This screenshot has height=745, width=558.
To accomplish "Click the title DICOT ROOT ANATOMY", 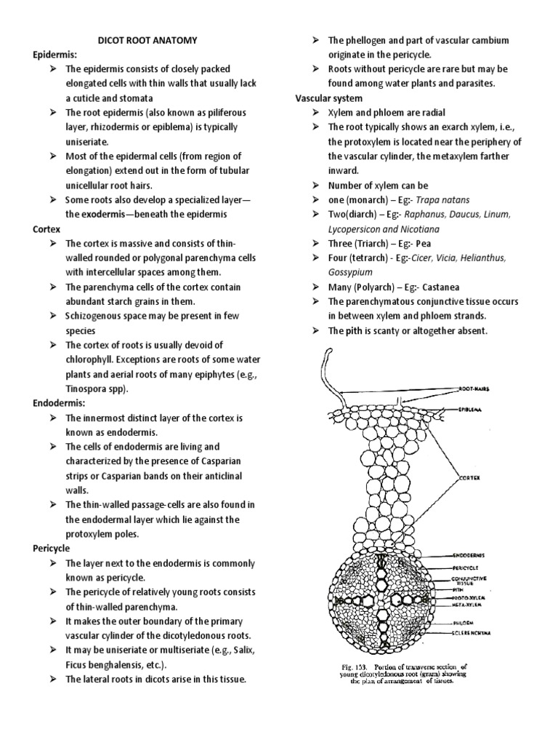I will click(x=147, y=41).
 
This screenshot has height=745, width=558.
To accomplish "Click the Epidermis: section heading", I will click(x=55, y=55).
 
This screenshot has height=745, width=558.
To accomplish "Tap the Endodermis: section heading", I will click(x=57, y=402).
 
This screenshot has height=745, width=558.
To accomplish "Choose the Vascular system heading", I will click(x=328, y=97).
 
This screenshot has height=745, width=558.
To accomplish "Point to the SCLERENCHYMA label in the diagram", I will click(x=473, y=633).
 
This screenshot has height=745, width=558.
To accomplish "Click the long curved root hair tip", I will click(x=330, y=353).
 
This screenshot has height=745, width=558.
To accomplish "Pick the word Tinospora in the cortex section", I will click(x=86, y=388).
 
